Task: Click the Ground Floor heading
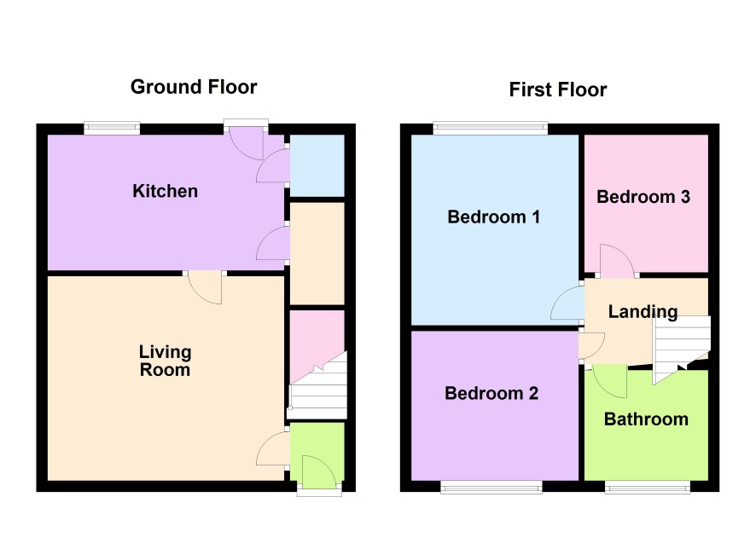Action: coord(194,87)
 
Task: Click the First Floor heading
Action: coord(558,90)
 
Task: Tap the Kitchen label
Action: coord(166,191)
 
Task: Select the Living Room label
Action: coord(166,361)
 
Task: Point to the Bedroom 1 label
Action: coord(494,217)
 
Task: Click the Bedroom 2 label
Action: coord(491,394)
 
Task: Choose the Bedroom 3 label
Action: coord(643,196)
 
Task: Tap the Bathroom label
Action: coord(646,419)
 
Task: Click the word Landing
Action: coord(643,312)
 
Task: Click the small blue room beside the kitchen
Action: coord(317,165)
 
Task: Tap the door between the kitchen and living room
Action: coord(205,288)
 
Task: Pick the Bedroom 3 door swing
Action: coord(617,261)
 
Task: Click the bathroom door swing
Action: coord(608,380)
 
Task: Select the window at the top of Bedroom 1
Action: coord(491,128)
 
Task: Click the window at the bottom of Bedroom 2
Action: coord(491,488)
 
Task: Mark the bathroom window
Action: coord(648,488)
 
